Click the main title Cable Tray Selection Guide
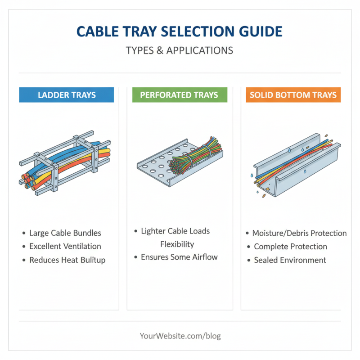pyautogui.click(x=180, y=31)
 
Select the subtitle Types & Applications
pyautogui.click(x=180, y=50)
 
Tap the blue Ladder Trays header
pyautogui.click(x=66, y=95)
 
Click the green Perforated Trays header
pyautogui.click(x=179, y=95)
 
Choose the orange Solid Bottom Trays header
pyautogui.click(x=293, y=95)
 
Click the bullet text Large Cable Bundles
pyautogui.click(x=65, y=233)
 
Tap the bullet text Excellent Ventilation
pyautogui.click(x=65, y=247)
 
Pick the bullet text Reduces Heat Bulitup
pyautogui.click(x=67, y=260)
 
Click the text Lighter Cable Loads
pyautogui.click(x=175, y=231)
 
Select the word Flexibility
pyautogui.click(x=177, y=244)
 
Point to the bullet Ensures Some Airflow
pyautogui.click(x=179, y=257)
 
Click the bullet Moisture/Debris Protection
pyautogui.click(x=299, y=233)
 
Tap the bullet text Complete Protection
pyautogui.click(x=290, y=247)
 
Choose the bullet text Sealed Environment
pyautogui.click(x=290, y=260)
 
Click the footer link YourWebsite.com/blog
pyautogui.click(x=180, y=336)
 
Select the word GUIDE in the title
pyautogui.click(x=257, y=31)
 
